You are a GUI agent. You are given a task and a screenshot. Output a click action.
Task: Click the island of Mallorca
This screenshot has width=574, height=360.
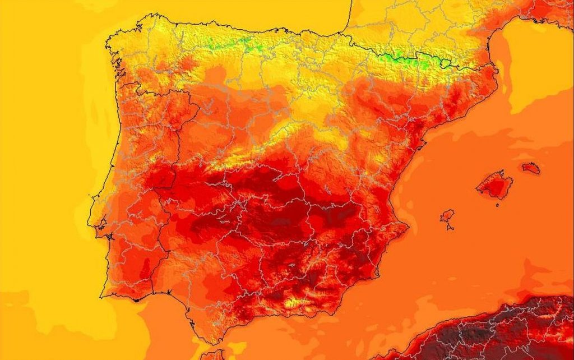494,186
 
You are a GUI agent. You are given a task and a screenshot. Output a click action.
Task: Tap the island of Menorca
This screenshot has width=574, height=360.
531,167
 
